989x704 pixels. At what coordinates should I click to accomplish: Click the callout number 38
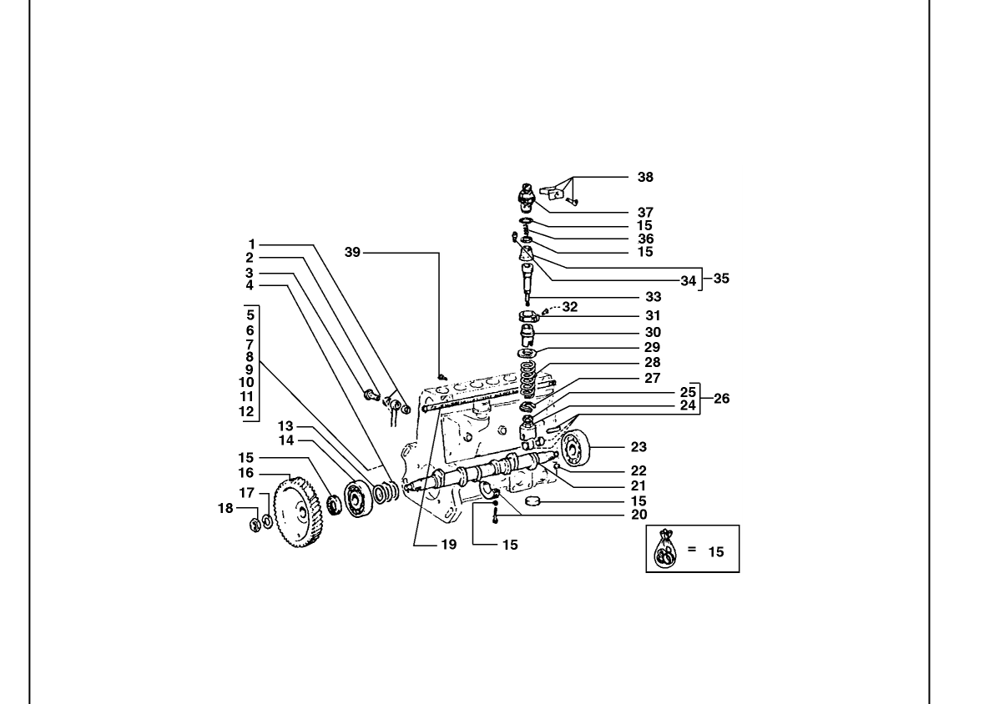[x=645, y=177]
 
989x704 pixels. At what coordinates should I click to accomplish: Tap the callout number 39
[x=352, y=252]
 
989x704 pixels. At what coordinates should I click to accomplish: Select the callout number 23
[x=639, y=447]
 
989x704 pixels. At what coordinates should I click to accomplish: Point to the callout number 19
[x=448, y=545]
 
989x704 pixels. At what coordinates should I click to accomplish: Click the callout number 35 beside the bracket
[x=721, y=279]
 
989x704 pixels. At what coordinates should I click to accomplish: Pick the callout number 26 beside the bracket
[x=721, y=399]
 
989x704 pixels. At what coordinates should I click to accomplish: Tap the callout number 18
[x=225, y=508]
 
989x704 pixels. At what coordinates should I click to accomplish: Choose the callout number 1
[x=252, y=244]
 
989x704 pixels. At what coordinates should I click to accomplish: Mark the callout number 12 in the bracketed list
[x=246, y=411]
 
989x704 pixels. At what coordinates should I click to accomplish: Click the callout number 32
[x=569, y=307]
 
